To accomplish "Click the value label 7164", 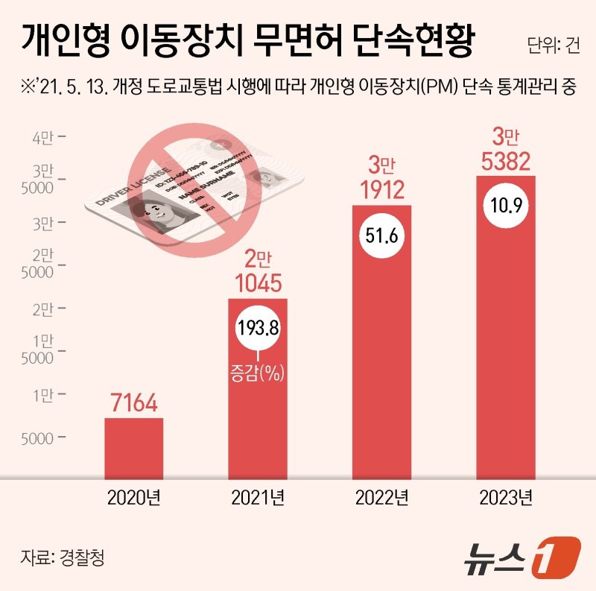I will coord(134,405).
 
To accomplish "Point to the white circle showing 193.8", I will coord(258,327).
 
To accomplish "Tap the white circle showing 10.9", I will coord(506,203).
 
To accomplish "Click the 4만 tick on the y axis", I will coord(42,137).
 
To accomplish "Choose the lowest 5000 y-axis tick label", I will coord(37,437).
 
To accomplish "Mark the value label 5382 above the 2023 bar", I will coord(506,159).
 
